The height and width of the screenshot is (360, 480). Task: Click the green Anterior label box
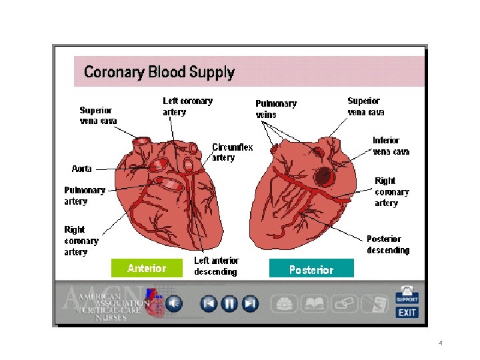tap(147, 268)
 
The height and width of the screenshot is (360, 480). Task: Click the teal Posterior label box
tap(311, 269)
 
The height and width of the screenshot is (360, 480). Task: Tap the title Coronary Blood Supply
tap(159, 72)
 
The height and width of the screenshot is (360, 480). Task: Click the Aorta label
tap(82, 169)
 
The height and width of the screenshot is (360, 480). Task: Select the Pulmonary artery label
tap(85, 195)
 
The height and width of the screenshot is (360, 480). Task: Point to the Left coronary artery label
tap(187, 107)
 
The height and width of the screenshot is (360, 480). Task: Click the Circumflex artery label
tap(233, 152)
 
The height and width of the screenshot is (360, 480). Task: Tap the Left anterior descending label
tap(216, 266)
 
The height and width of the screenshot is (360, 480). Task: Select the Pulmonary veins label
tap(276, 109)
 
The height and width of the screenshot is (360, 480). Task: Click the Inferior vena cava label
tap(391, 146)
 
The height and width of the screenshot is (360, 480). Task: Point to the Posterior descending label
tap(388, 244)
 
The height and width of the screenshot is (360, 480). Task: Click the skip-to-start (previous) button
tap(209, 304)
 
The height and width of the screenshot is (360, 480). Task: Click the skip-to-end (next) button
tap(250, 304)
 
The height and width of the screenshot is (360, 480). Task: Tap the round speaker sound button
tap(174, 304)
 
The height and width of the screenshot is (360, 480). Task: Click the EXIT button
tap(407, 312)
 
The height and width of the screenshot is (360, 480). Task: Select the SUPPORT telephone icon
tap(407, 294)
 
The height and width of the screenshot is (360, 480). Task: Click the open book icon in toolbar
tap(314, 304)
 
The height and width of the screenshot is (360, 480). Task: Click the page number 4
tap(441, 343)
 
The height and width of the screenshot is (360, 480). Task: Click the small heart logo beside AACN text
tap(154, 303)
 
